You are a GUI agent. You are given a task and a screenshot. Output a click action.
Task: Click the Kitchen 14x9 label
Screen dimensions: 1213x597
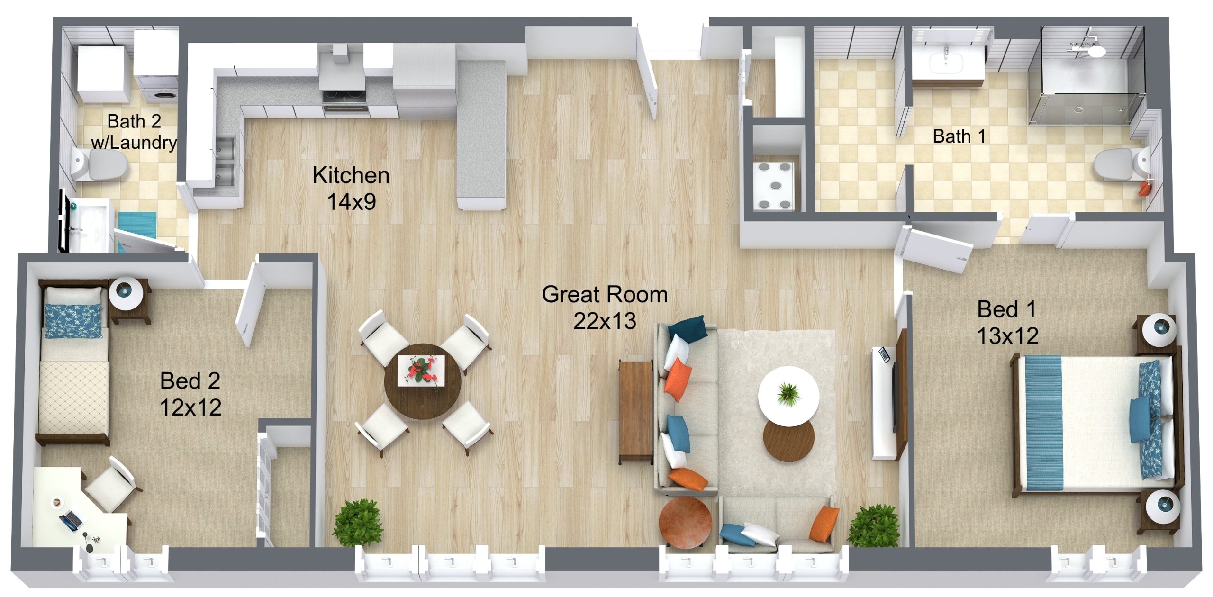pos(351,189)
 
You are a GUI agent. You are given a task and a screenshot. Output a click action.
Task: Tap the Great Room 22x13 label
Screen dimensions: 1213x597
pos(605,308)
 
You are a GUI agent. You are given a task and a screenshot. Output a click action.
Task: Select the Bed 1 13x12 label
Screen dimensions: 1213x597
pos(1008,323)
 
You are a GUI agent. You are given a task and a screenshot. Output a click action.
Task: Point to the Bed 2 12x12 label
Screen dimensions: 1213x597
pos(190,394)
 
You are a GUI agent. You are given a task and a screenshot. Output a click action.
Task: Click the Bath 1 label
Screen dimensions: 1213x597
pos(960,136)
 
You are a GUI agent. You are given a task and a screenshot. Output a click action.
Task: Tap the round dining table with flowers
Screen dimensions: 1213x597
pos(423,381)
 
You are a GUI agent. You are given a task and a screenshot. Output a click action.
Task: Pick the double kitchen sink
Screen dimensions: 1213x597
pos(225,161)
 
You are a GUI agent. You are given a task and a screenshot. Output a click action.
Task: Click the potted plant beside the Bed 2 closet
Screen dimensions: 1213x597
pos(359,524)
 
